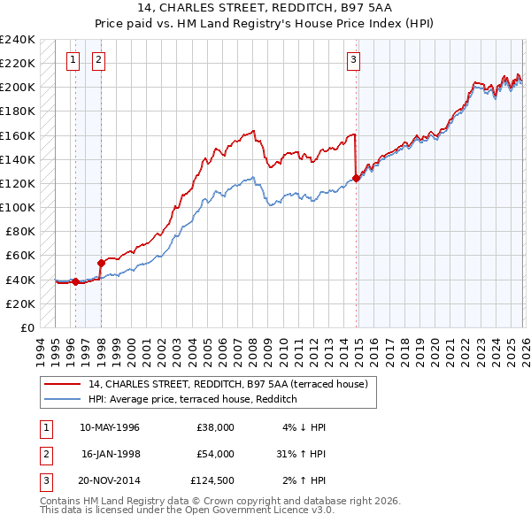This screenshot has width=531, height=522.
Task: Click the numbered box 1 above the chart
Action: click(73, 60)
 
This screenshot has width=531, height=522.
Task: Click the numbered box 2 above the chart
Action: click(97, 60)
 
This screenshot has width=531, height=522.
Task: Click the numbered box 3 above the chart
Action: click(353, 60)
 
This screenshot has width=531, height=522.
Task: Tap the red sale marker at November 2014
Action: click(356, 178)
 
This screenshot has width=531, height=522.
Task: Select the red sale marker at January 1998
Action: click(101, 263)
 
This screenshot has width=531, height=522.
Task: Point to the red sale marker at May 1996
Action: click(75, 282)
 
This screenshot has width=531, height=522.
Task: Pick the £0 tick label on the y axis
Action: click(27, 327)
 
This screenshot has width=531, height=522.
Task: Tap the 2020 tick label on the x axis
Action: click(435, 350)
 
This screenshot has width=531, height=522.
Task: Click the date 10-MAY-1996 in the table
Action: click(109, 427)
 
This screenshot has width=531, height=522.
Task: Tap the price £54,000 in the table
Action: click(215, 454)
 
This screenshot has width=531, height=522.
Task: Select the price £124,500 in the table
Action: click(212, 480)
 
